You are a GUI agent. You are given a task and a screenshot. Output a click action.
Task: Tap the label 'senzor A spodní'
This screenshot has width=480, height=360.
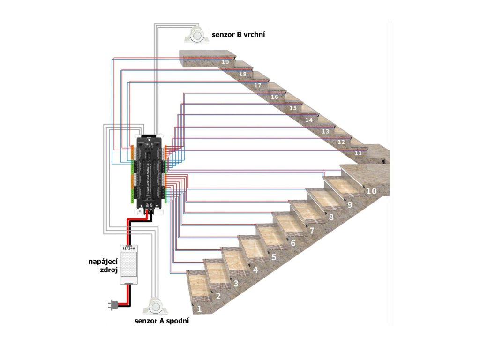(x=162, y=322)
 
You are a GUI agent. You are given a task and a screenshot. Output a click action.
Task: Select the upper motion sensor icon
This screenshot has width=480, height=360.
(x=198, y=34)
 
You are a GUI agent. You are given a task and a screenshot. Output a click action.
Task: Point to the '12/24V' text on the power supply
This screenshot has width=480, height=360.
(x=129, y=247)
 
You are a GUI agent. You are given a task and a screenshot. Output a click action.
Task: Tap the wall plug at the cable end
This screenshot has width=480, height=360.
(x=112, y=306)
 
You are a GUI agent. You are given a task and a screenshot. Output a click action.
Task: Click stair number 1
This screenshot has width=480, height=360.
(x=199, y=309)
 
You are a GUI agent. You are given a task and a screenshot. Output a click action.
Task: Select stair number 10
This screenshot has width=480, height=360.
(x=371, y=191)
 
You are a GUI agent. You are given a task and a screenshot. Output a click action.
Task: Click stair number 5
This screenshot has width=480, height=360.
(x=274, y=257)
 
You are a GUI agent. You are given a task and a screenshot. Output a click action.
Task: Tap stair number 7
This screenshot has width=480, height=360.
(x=312, y=231)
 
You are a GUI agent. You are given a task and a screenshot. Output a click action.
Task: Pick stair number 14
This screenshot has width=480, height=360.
(x=308, y=120)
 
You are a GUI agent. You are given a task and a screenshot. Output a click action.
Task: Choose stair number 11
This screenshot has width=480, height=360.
(x=359, y=153)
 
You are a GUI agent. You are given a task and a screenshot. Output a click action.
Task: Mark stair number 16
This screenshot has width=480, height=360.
(x=275, y=97)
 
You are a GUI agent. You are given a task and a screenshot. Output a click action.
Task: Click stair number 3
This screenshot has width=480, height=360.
(x=236, y=283)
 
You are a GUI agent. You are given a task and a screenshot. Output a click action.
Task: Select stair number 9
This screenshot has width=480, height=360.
(x=350, y=204)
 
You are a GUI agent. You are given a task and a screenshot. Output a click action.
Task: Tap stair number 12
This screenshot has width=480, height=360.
(x=341, y=142)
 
